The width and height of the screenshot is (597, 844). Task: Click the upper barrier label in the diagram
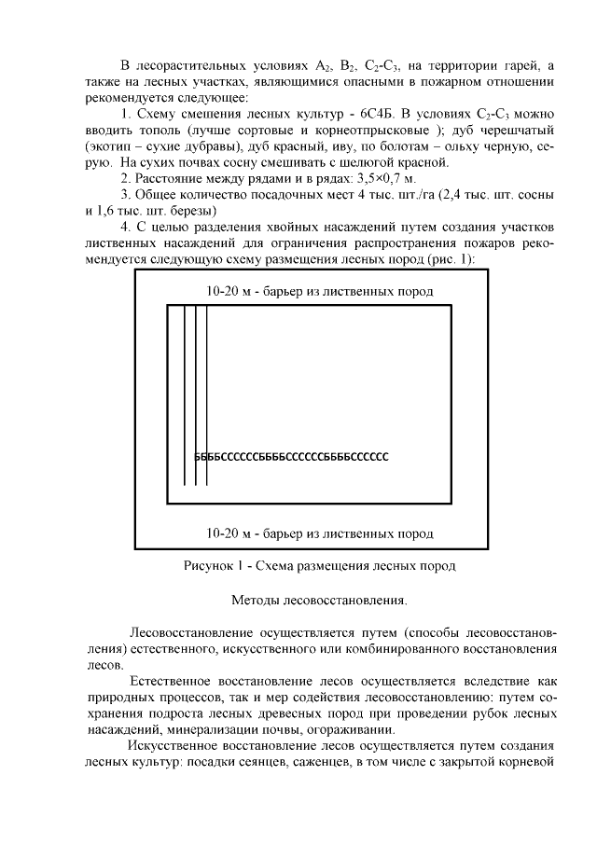319,291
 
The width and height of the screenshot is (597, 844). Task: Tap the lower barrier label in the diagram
319,534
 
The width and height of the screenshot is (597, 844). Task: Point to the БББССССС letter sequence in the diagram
290,457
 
